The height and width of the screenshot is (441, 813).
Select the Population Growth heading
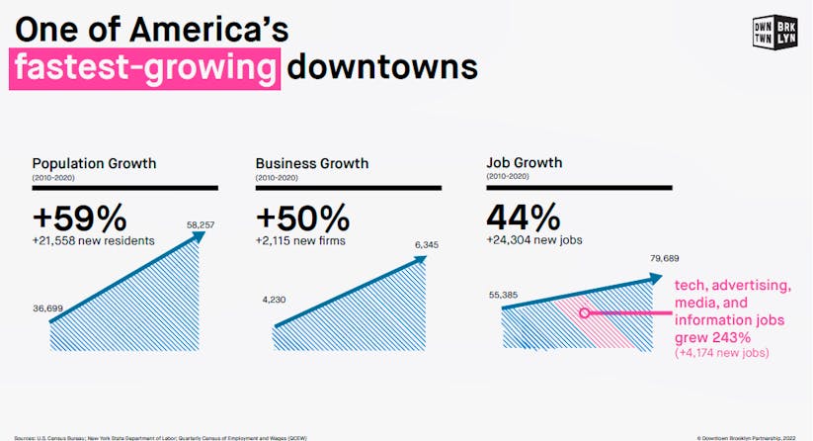tap(95, 163)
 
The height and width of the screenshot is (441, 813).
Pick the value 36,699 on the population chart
tap(48, 309)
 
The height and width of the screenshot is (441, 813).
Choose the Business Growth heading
tap(312, 163)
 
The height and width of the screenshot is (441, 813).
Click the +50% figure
tap(303, 217)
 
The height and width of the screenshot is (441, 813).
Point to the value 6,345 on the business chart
tap(428, 245)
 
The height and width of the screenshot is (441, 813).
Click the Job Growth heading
tap(524, 163)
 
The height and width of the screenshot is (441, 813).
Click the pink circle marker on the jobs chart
tap(585, 312)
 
